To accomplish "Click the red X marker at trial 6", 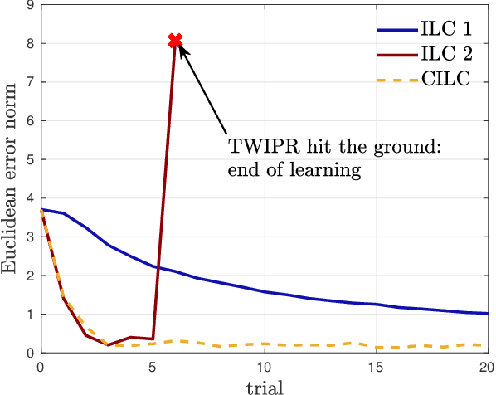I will tap(175, 40).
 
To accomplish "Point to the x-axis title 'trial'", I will tap(264, 385).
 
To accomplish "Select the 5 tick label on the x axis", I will tap(153, 364).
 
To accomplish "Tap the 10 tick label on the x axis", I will tap(264, 364).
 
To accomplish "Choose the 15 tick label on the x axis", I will tap(376, 364).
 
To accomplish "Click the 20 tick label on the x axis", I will tap(486, 364).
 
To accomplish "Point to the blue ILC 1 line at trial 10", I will tap(264, 292).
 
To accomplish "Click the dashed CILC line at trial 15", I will tap(376, 347).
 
